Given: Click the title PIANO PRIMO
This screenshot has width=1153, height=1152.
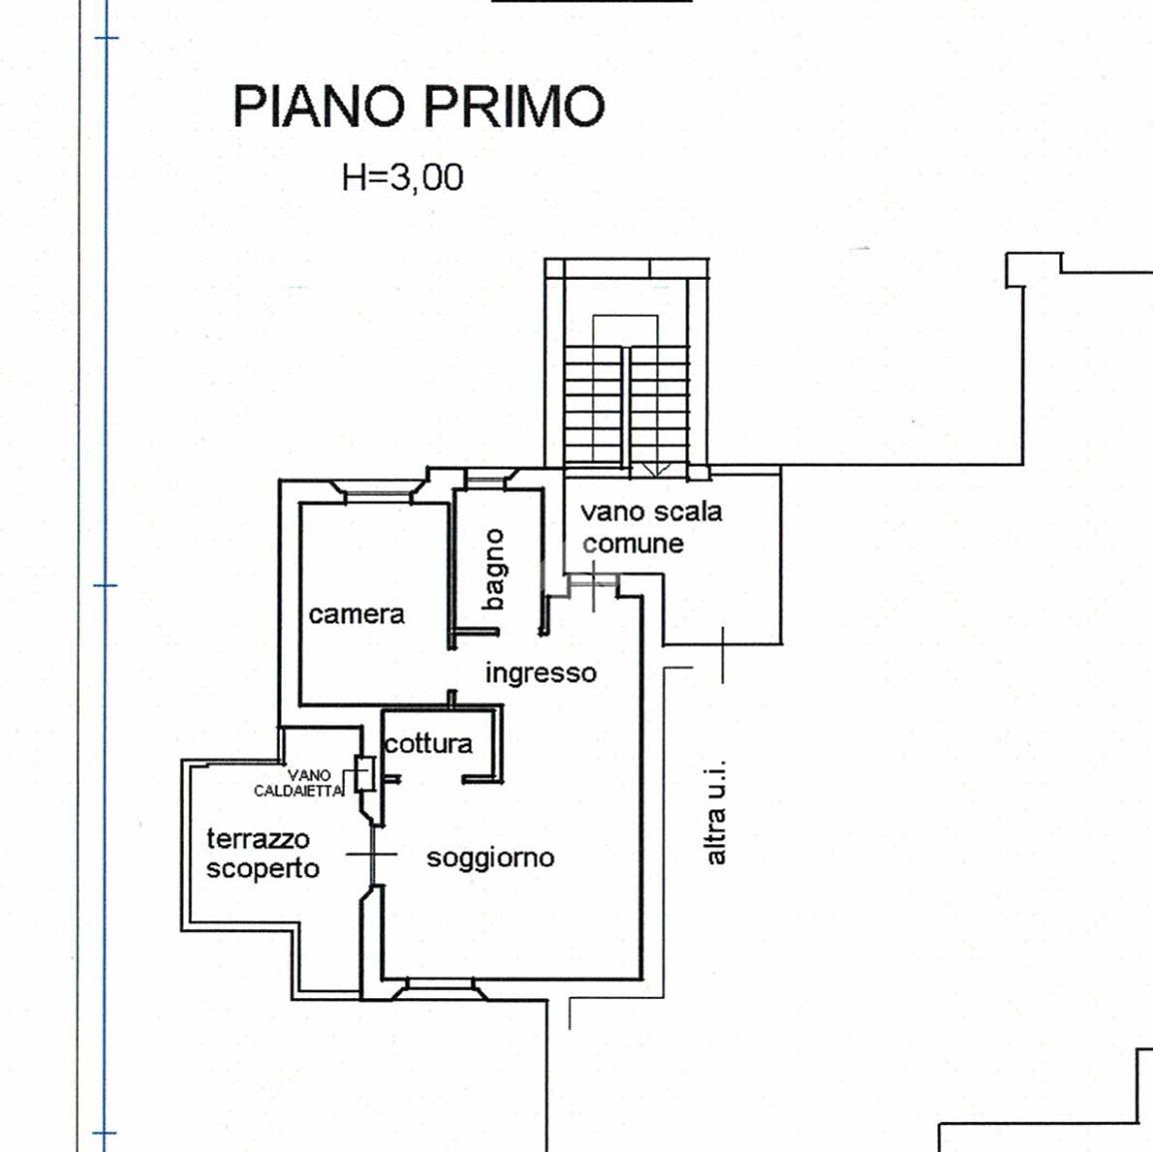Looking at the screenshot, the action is (419, 107).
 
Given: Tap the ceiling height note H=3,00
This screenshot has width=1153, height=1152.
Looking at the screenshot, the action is (403, 177).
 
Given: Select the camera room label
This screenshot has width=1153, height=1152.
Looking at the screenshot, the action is (357, 613).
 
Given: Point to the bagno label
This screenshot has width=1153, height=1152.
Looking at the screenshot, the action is (495, 570).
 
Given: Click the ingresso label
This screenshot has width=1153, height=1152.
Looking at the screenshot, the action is (542, 673).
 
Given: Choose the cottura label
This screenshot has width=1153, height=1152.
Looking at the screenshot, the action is (428, 744).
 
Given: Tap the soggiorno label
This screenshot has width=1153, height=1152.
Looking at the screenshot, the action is (491, 858).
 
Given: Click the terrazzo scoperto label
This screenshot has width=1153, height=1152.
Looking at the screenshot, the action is (263, 853).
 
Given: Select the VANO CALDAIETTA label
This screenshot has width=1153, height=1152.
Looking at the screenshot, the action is (299, 783).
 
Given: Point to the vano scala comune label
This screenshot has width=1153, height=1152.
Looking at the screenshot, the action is (651, 528).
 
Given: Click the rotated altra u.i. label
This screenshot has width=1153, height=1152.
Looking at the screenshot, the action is (714, 811).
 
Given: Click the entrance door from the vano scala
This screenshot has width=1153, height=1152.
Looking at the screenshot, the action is (594, 580).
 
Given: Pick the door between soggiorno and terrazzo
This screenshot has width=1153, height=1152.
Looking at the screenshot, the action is (372, 854).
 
